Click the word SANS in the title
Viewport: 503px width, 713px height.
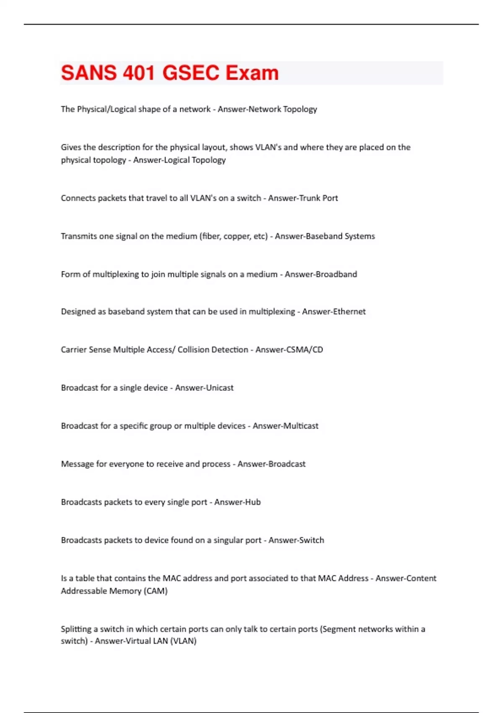pyautogui.click(x=89, y=73)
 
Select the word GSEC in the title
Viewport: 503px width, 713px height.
pyautogui.click(x=191, y=73)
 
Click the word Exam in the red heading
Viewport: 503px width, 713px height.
pyautogui.click(x=252, y=73)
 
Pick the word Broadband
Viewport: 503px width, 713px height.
pyautogui.click(x=336, y=274)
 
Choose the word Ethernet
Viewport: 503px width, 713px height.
pyautogui.click(x=349, y=312)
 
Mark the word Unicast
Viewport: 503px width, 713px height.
pyautogui.click(x=218, y=388)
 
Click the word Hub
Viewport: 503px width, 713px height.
pyautogui.click(x=253, y=502)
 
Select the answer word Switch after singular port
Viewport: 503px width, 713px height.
pyautogui.click(x=311, y=540)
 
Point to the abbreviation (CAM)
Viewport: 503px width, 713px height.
pyautogui.click(x=156, y=591)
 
